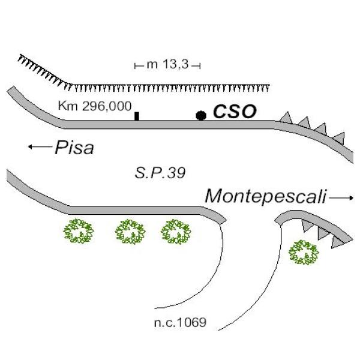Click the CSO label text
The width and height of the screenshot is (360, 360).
pyautogui.click(x=235, y=112)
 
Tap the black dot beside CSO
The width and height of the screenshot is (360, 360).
pyautogui.click(x=201, y=115)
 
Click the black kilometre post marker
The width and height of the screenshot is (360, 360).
pyautogui.click(x=137, y=116)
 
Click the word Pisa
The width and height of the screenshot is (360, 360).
pyautogui.click(x=74, y=148)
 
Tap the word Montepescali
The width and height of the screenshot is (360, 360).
pyautogui.click(x=265, y=196)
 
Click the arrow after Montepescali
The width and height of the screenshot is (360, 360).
pyautogui.click(x=342, y=197)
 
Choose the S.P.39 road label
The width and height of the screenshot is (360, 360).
pyautogui.click(x=161, y=174)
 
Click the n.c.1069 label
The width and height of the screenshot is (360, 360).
pyautogui.click(x=180, y=323)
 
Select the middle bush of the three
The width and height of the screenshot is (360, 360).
pyautogui.click(x=130, y=232)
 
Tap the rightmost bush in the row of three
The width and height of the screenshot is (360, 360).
pyautogui.click(x=176, y=232)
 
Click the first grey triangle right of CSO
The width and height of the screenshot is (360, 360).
pyautogui.click(x=287, y=117)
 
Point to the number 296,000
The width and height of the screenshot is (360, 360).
pyautogui.click(x=104, y=106)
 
